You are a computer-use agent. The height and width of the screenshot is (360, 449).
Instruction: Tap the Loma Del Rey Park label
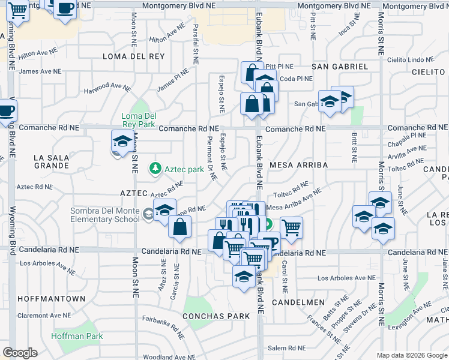coord(139,120)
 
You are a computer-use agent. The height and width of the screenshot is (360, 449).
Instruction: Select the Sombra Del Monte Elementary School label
coord(106,215)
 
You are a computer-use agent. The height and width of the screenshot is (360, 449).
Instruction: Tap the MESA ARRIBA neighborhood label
coord(298,164)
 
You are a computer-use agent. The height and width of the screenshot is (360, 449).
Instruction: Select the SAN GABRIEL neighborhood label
coord(339,66)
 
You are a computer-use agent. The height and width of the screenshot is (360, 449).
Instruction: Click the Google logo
coord(20,352)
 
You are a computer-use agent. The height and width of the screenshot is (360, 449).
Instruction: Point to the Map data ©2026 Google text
coord(412,355)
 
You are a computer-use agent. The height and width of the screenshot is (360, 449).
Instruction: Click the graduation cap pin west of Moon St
coord(122,142)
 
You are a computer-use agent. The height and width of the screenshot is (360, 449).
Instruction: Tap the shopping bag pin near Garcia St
coord(179,227)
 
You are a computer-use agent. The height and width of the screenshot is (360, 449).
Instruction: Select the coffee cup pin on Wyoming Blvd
coord(6,111)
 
